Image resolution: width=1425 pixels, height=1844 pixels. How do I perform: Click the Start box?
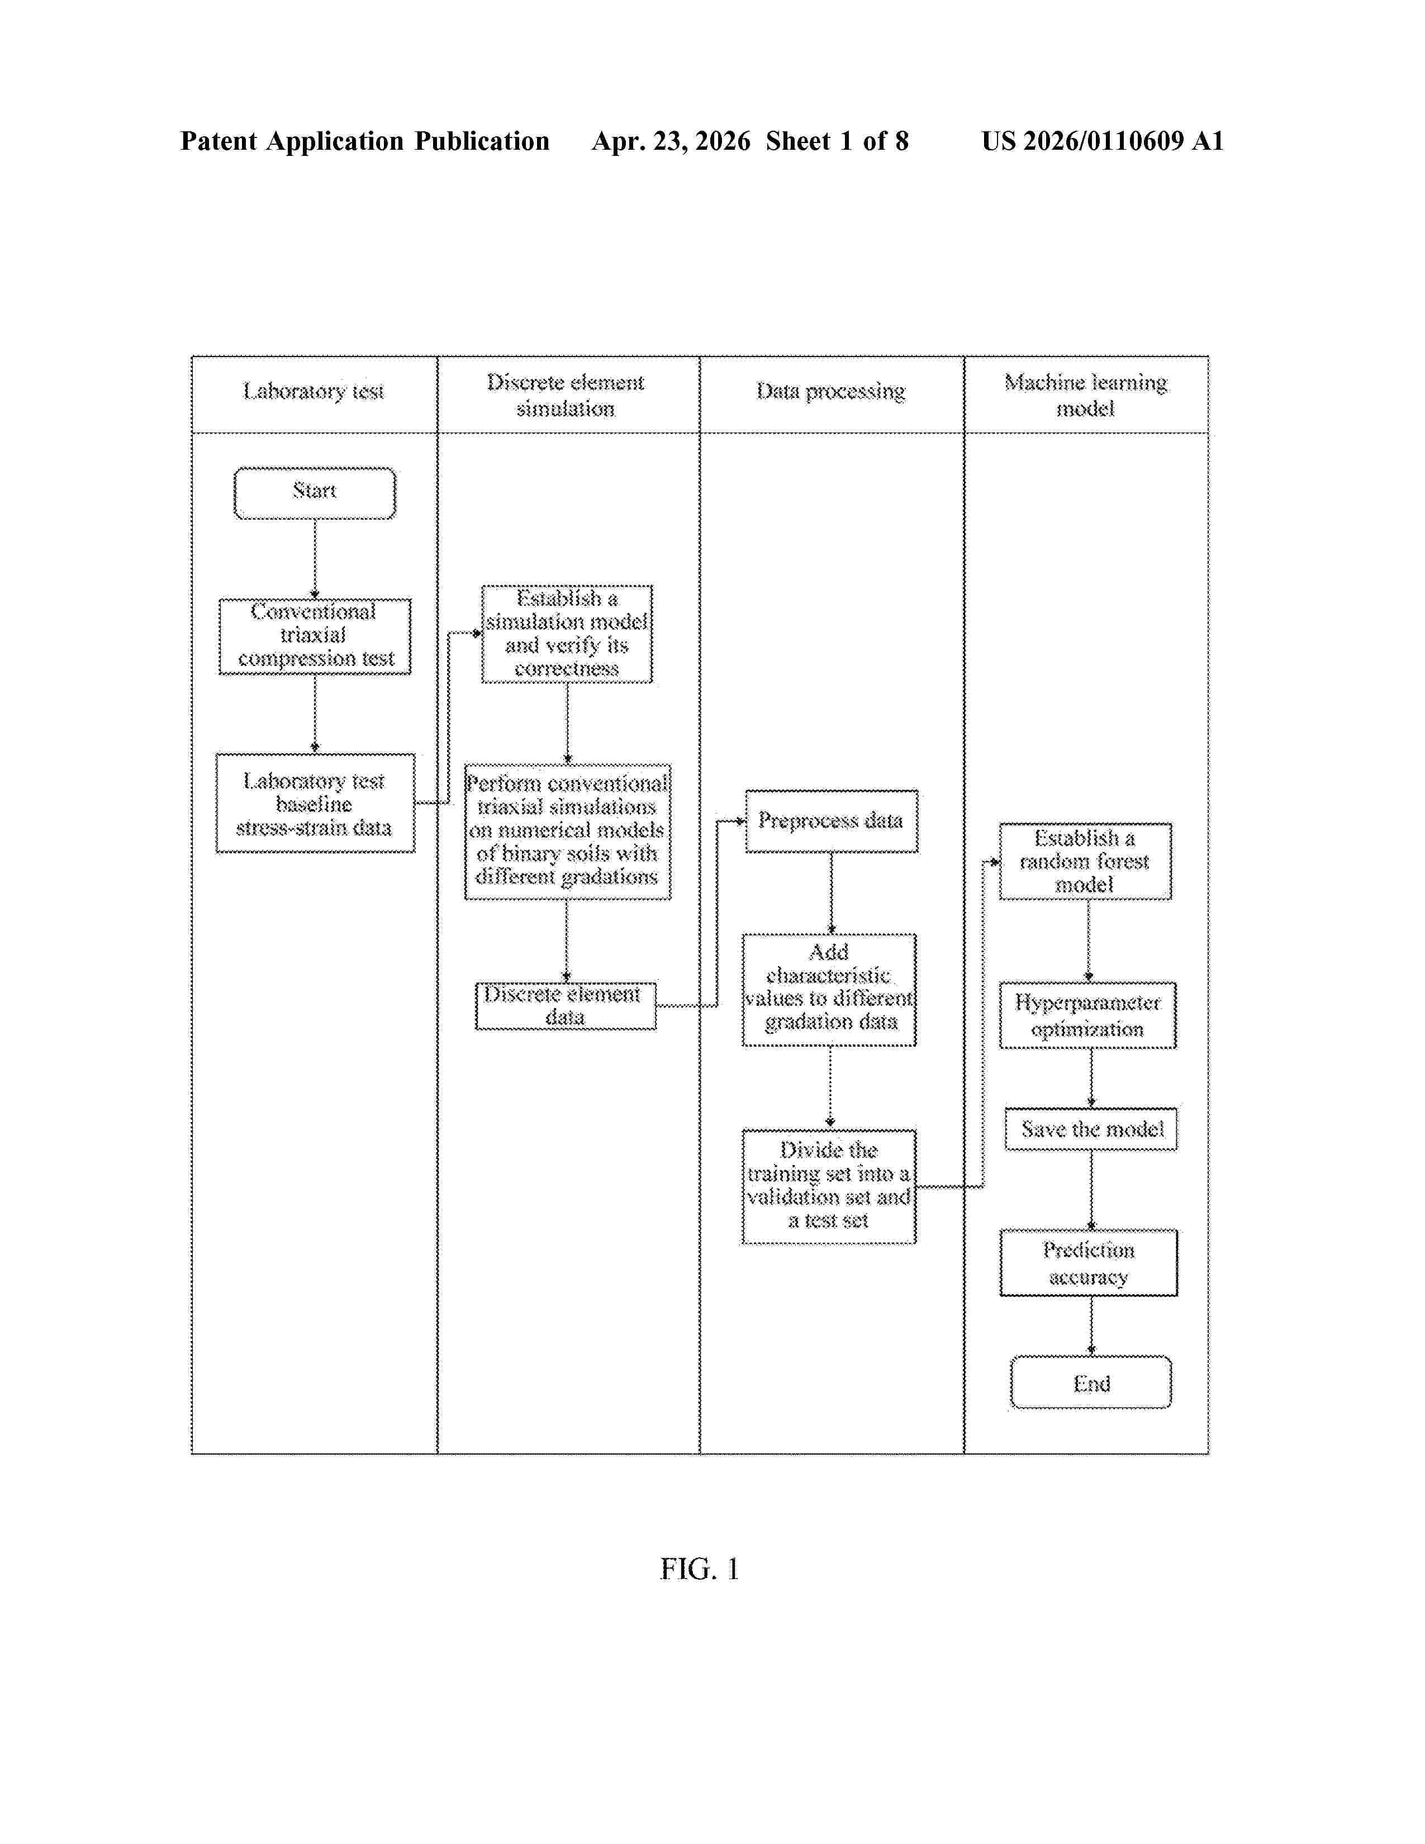(x=314, y=493)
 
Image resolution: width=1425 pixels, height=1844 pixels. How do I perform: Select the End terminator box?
(x=1091, y=1382)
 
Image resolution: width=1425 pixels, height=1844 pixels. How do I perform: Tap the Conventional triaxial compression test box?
(x=315, y=636)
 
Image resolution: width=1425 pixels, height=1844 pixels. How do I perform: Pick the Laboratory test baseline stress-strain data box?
(x=315, y=803)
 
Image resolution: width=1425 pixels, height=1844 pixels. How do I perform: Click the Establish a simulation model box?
(x=567, y=633)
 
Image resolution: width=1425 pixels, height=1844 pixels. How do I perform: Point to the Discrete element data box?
(x=566, y=1006)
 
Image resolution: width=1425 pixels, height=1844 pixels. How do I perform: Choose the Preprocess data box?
(x=832, y=821)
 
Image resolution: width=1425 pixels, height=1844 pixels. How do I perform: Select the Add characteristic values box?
(x=829, y=990)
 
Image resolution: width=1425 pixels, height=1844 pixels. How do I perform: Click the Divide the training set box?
(x=829, y=1186)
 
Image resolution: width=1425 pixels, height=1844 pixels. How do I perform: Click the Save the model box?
(x=1091, y=1129)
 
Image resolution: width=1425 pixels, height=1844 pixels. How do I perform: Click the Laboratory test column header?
(x=314, y=391)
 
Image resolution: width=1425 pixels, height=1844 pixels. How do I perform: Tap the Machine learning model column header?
(x=1086, y=395)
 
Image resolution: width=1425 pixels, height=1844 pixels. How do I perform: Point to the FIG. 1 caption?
(x=700, y=1570)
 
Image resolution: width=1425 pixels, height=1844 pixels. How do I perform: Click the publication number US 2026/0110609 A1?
(x=1103, y=141)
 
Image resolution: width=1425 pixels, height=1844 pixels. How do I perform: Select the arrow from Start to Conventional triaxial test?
(x=315, y=559)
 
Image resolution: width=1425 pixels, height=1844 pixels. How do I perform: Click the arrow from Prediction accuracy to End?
(x=1091, y=1327)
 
